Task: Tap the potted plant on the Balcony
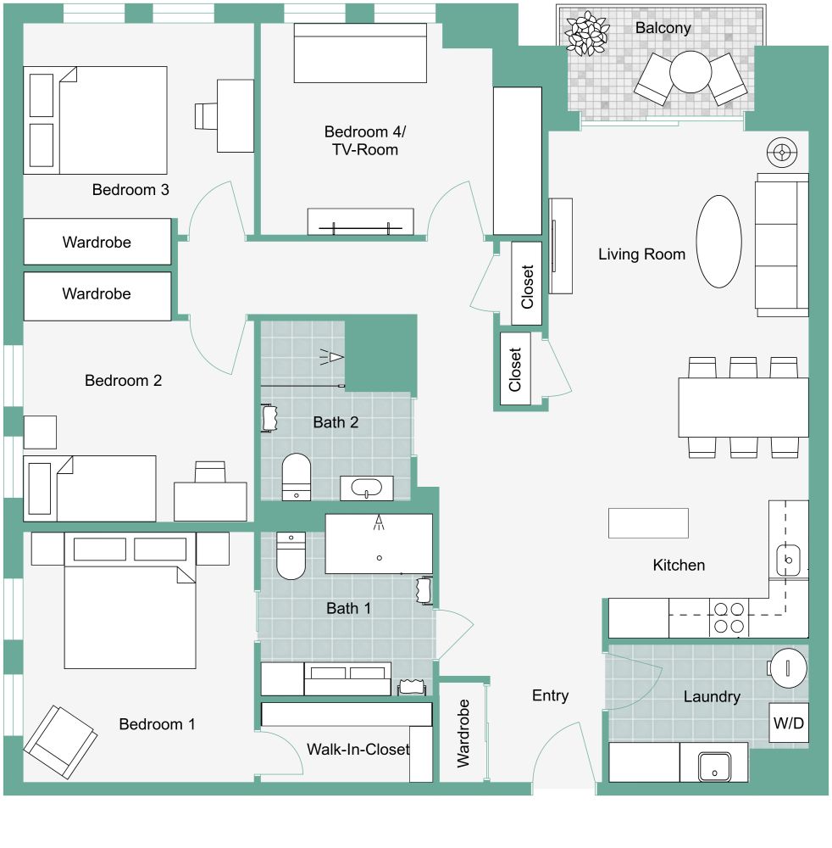coord(587,34)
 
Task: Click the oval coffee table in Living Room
coord(718,242)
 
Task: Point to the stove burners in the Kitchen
coord(729,617)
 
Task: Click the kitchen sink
coord(788,561)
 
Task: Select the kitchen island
coord(648,522)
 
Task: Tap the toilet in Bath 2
coord(296,476)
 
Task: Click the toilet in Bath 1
coord(291,556)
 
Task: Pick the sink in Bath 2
coord(367,489)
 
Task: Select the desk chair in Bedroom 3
coord(206,116)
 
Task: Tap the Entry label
coord(550,695)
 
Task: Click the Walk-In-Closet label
coord(358,750)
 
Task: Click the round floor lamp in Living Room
coord(781,153)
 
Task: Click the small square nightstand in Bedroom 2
coord(40,432)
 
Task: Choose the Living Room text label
coord(641,254)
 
